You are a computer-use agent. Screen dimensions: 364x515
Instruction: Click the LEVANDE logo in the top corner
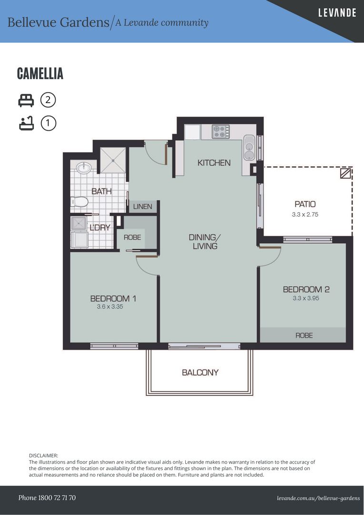pos(337,13)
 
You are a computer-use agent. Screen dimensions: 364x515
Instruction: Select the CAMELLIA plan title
pos(40,73)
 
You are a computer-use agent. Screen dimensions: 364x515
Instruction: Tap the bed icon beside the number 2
pos(26,100)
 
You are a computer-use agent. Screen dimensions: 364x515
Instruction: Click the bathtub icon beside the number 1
pos(26,123)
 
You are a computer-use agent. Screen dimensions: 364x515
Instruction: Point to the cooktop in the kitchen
pos(221,132)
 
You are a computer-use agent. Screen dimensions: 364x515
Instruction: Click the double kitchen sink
pos(249,148)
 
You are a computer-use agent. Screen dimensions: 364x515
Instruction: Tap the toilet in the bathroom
pos(80,202)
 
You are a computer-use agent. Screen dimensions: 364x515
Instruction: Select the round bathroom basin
pos(83,168)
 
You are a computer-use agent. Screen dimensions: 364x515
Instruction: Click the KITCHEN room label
pos(214,163)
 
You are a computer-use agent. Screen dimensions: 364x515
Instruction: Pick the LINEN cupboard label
pos(142,206)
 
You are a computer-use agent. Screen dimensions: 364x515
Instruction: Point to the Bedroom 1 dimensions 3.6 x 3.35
pos(110,307)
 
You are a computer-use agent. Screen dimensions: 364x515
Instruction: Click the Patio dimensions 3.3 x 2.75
pos(305,215)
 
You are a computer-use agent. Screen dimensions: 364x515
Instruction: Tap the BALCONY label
pos(200,372)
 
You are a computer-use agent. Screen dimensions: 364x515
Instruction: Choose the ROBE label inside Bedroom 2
pos(304,335)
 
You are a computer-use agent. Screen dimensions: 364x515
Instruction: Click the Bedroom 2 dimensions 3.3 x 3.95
pos(306,298)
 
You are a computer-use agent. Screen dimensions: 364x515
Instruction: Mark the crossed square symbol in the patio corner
pos(345,173)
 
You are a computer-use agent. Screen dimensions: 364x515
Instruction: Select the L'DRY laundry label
pos(100,227)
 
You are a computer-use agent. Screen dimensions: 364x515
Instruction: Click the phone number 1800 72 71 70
pos(57,497)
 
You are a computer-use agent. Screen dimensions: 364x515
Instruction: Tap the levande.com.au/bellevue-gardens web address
pos(318,498)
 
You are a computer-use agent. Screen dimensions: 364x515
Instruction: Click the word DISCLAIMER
pos(43,455)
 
